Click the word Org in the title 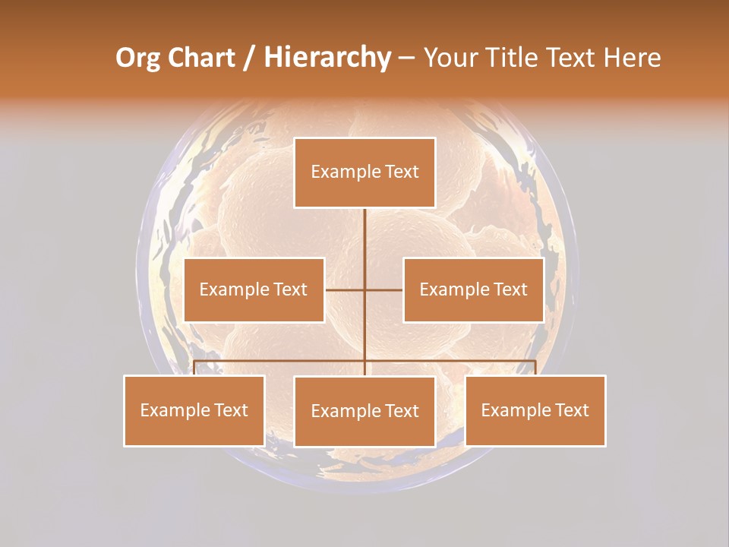tap(139, 58)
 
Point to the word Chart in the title tap(202, 58)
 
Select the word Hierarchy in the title tap(327, 58)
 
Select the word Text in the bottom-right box tap(571, 410)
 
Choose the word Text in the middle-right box tap(510, 289)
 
